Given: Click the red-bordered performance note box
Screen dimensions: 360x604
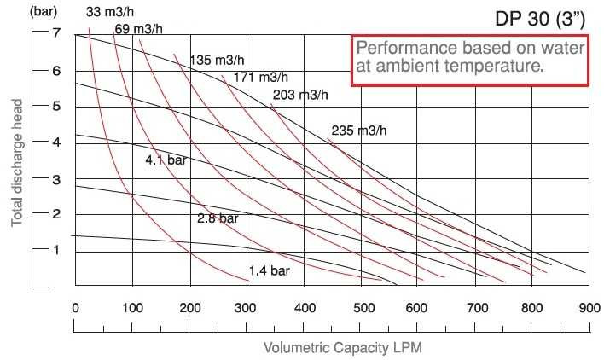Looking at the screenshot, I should click(x=470, y=61).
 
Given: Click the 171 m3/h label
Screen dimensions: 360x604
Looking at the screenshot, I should click(x=261, y=78).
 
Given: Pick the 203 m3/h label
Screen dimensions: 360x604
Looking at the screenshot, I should click(x=299, y=95).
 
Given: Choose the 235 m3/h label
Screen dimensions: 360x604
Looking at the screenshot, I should click(x=358, y=131).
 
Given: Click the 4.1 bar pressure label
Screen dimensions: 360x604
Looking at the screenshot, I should click(x=166, y=160).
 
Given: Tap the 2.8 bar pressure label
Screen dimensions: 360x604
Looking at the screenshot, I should click(x=218, y=218).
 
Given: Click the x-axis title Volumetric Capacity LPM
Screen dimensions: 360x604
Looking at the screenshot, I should click(x=343, y=347).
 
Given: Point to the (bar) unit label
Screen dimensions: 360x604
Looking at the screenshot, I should click(x=20, y=12).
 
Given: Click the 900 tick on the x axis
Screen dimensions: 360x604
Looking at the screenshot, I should click(x=587, y=308).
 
